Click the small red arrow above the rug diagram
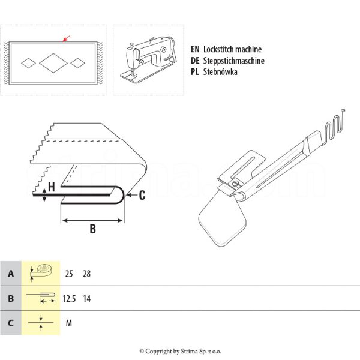[67, 38]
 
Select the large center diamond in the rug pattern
[54, 62]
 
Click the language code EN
[194, 50]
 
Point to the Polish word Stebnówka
[221, 71]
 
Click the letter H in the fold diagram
[52, 187]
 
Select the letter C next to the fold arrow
[142, 194]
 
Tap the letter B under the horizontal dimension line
[92, 229]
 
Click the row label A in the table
[11, 274]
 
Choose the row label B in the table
[11, 298]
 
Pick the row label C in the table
[11, 323]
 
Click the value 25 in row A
[69, 274]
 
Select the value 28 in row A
[87, 274]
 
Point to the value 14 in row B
[87, 298]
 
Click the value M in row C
[69, 323]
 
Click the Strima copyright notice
[180, 351]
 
